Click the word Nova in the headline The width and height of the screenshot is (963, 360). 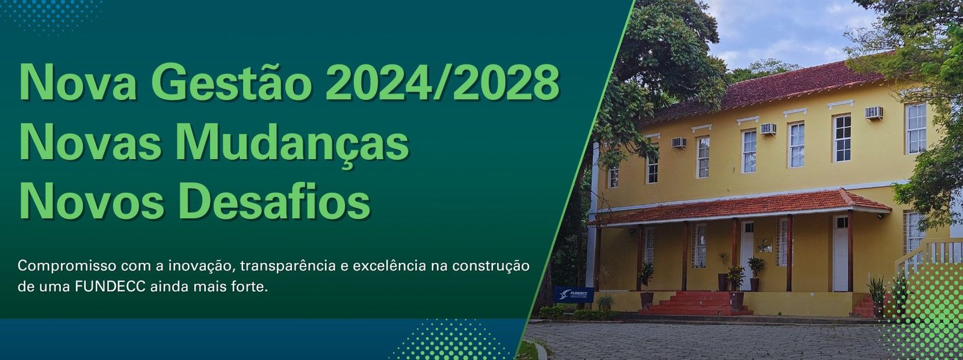78,82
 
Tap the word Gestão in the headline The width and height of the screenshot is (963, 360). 231,81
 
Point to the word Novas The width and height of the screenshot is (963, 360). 90,142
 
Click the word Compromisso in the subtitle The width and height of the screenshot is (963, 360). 67,266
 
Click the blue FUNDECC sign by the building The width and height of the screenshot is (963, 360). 574,294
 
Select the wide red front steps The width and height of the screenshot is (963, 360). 696,303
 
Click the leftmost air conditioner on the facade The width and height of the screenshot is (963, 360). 679,142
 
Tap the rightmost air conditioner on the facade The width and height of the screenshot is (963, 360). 874,113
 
